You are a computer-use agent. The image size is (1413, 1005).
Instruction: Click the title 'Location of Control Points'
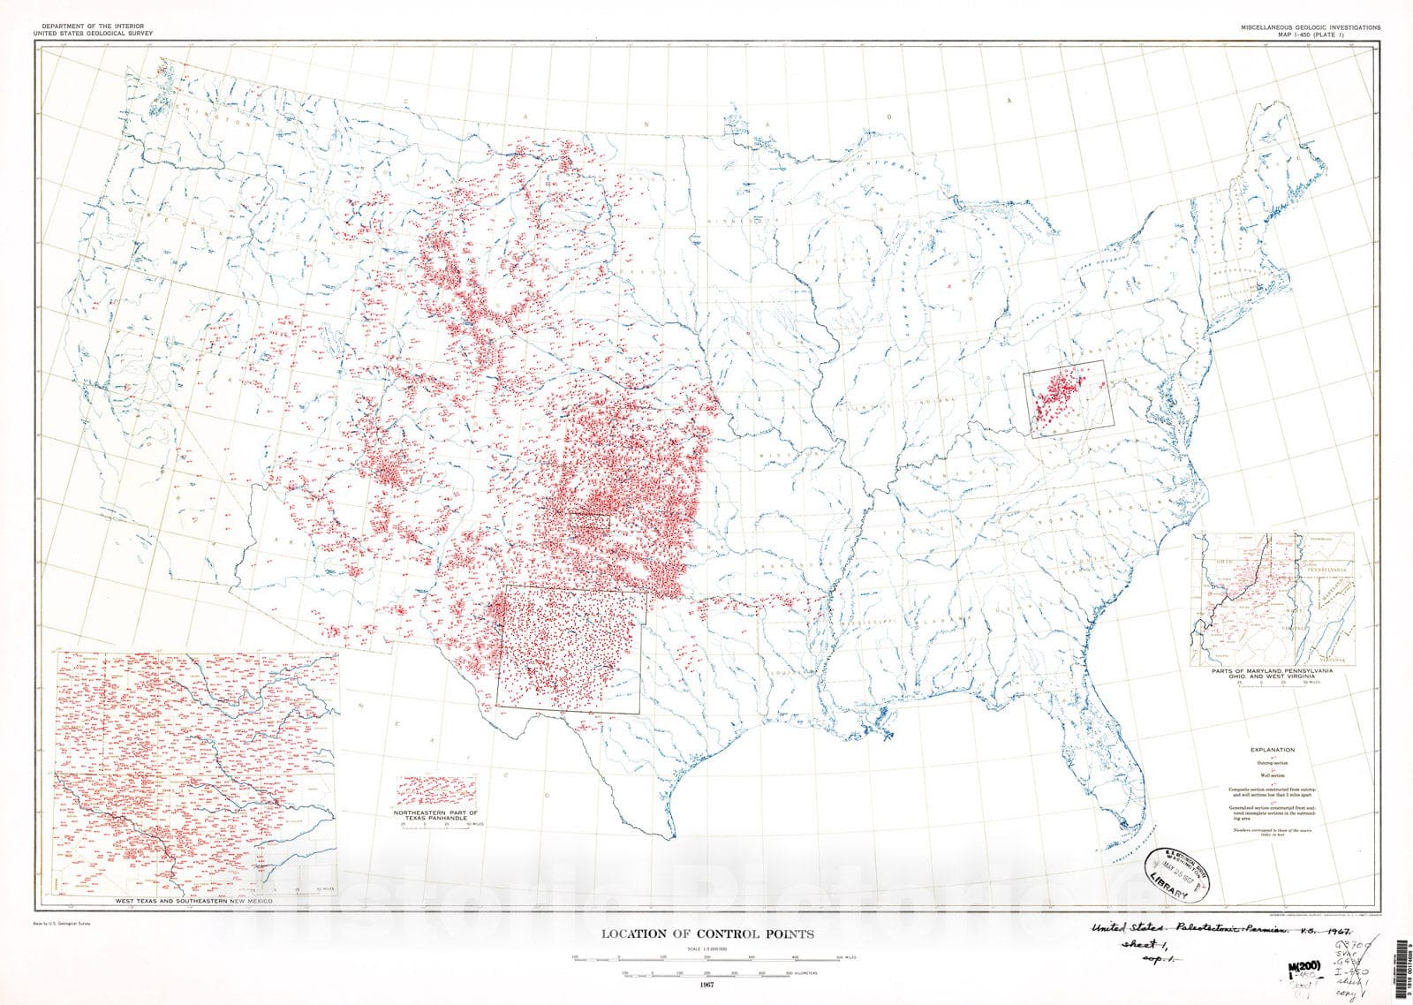click(x=707, y=933)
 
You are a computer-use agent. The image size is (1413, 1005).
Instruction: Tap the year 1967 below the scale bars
click(x=706, y=985)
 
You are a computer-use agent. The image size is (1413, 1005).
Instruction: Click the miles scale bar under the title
click(x=706, y=957)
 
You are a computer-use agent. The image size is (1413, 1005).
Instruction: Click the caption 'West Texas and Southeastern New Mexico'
click(x=194, y=900)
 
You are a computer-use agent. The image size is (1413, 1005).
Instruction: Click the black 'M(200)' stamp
click(x=1306, y=966)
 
